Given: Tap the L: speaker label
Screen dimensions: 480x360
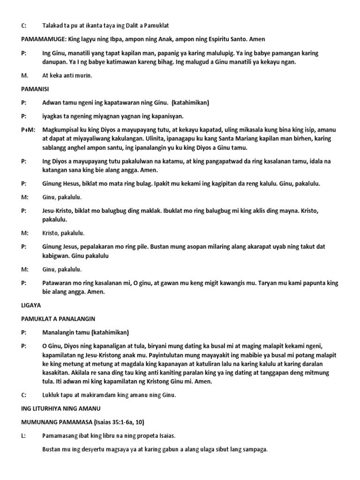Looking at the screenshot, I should point(23,436).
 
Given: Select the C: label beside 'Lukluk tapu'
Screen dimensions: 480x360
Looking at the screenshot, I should point(23,395).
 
